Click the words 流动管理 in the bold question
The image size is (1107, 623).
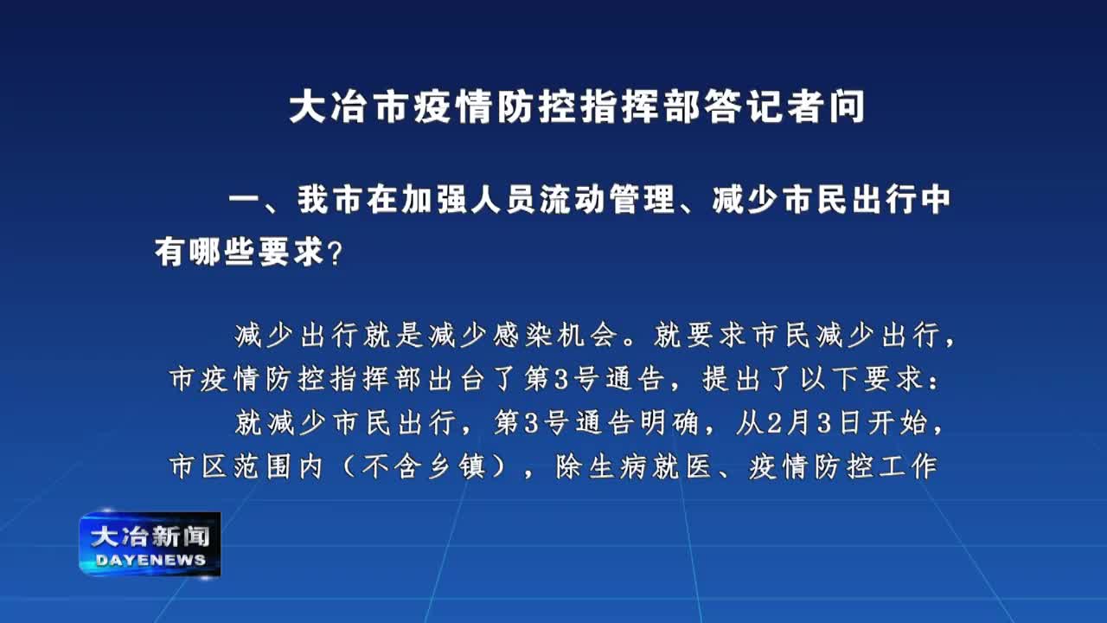pyautogui.click(x=607, y=200)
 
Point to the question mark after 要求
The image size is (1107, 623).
pyautogui.click(x=335, y=252)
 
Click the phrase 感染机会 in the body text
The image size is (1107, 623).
pyautogui.click(x=555, y=335)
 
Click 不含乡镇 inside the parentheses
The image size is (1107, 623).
pyautogui.click(x=424, y=466)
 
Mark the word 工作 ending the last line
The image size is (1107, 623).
pyautogui.click(x=908, y=466)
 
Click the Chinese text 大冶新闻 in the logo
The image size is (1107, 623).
pyautogui.click(x=150, y=536)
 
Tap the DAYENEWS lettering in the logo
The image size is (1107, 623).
pyautogui.click(x=150, y=560)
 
